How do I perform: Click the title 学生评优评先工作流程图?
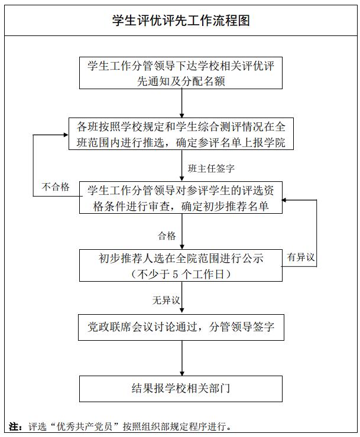point(181,21)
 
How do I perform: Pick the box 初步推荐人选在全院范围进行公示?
point(181,265)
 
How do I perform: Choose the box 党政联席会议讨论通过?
point(181,327)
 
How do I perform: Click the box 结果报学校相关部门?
point(181,388)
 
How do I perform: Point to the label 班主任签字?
point(210,168)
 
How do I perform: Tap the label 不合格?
point(56,187)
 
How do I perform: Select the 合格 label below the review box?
point(167,236)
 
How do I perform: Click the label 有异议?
point(301,257)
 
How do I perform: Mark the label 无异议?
point(166,301)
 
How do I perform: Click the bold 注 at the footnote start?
point(15,426)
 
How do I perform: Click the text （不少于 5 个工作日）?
point(181,274)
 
